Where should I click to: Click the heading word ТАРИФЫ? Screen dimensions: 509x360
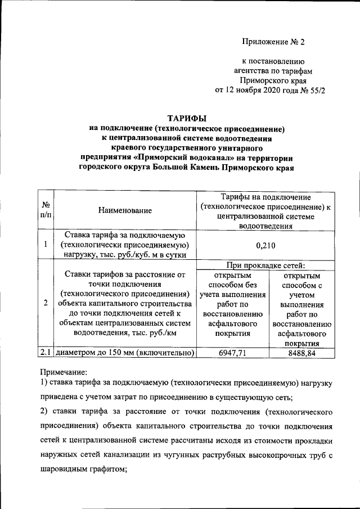(x=187, y=118)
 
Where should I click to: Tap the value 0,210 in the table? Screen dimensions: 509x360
(x=264, y=245)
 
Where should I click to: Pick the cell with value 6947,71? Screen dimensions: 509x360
(x=232, y=353)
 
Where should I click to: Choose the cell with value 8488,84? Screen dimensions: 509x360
(x=301, y=353)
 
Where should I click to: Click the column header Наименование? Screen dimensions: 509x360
(x=125, y=210)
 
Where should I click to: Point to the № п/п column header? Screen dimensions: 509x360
(x=46, y=210)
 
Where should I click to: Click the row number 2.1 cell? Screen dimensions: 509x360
(x=46, y=353)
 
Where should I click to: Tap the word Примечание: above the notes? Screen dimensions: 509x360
(x=64, y=372)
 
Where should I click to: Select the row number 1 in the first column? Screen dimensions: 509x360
(x=46, y=245)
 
